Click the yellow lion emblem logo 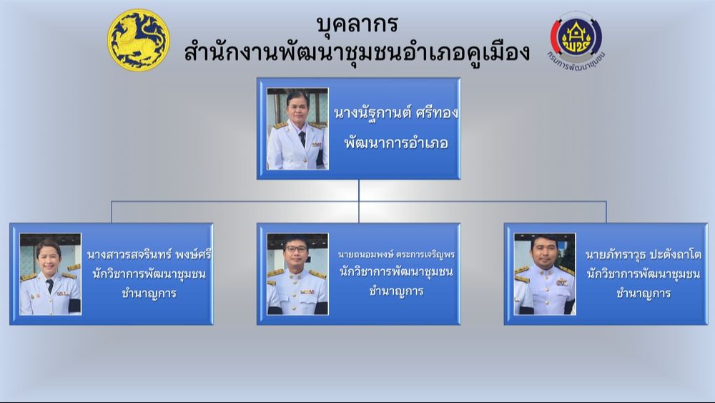tap(139, 40)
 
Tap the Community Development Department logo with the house tap(576, 41)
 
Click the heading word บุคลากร tap(357, 24)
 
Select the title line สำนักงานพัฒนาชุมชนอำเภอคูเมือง tap(357, 51)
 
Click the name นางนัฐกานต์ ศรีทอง tap(396, 112)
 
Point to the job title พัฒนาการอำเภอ tap(396, 143)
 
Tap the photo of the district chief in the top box tap(297, 129)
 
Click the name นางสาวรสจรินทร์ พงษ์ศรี tap(149, 254)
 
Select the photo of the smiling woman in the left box tap(50, 274)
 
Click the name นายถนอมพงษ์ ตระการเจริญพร tap(396, 254)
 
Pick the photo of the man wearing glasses tap(297, 274)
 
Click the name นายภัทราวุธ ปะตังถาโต tap(643, 254)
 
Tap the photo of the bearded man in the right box tap(544, 274)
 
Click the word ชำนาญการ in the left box tap(149, 293)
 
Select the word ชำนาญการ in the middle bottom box tap(396, 291)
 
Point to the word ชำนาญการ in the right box tap(643, 293)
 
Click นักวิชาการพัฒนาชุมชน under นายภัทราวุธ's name tap(643, 274)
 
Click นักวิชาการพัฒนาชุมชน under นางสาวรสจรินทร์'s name tap(149, 274)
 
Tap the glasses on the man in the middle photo tap(296, 249)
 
